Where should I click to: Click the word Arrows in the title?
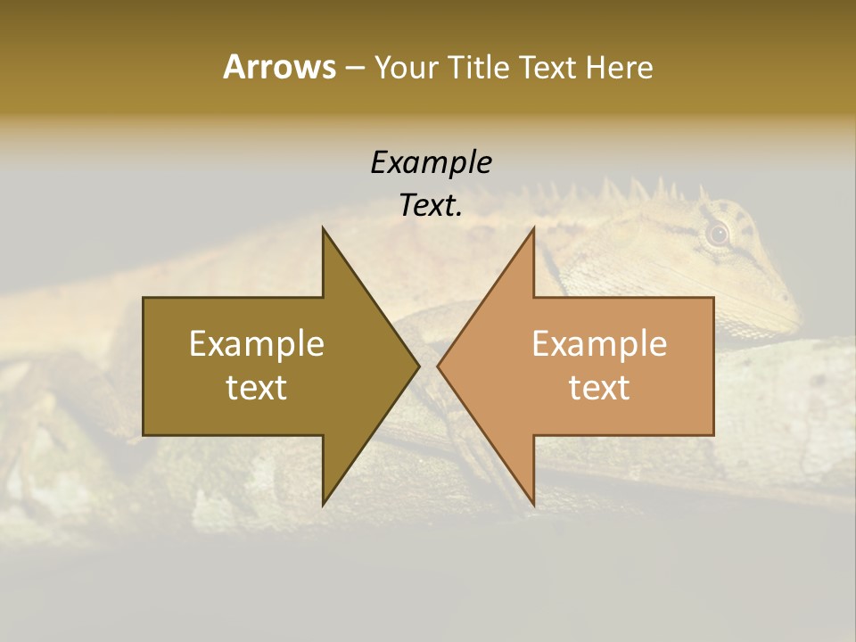(x=279, y=67)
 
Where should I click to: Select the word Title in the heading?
(x=479, y=67)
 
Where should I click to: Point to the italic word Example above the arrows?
(x=431, y=162)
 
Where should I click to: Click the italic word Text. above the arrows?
(x=431, y=205)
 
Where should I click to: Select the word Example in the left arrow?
(x=257, y=343)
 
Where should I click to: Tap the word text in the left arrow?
(x=257, y=387)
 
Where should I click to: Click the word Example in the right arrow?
(x=599, y=343)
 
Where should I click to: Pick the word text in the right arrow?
(x=599, y=387)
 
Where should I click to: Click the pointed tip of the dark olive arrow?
(x=417, y=366)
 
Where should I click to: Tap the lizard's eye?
(x=718, y=235)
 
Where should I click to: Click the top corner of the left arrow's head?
(x=324, y=229)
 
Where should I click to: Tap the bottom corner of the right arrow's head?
(x=533, y=504)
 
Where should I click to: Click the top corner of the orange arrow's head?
(x=533, y=229)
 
